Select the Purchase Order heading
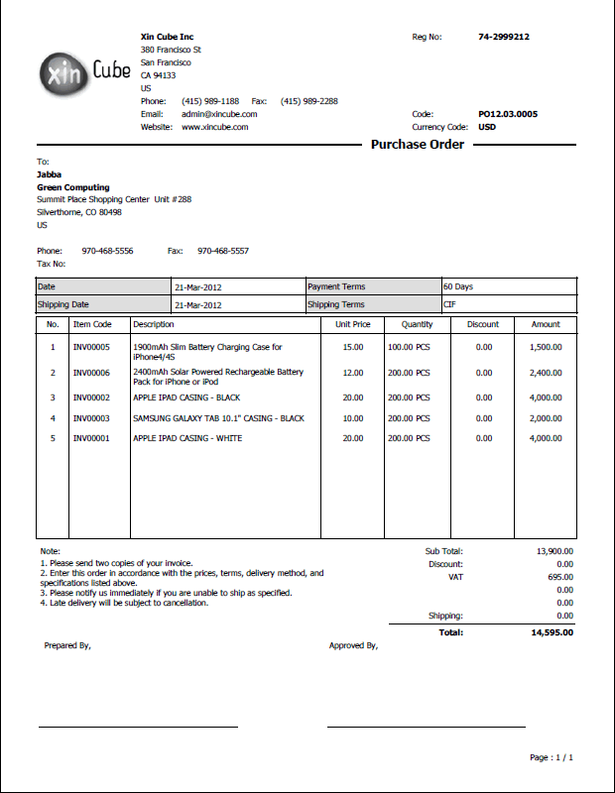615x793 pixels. [x=417, y=145]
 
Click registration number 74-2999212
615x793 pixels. [x=503, y=37]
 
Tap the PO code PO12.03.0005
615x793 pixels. [x=507, y=114]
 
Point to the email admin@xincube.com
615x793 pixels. [x=219, y=114]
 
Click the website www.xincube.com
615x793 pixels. [x=214, y=127]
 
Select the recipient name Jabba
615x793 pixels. [x=49, y=174]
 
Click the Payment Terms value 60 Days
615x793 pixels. [x=457, y=286]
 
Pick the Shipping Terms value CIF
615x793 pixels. [x=449, y=304]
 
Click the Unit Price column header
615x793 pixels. [x=352, y=324]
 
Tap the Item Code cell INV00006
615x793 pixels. [x=91, y=372]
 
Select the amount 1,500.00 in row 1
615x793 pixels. [x=545, y=347]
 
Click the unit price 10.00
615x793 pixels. [x=352, y=418]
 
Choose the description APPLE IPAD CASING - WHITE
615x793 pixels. [x=187, y=438]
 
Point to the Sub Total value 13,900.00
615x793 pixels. [x=553, y=551]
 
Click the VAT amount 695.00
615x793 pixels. [x=559, y=577]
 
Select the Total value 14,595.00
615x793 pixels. [x=552, y=631]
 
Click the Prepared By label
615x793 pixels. [x=67, y=645]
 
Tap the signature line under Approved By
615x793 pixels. [x=426, y=727]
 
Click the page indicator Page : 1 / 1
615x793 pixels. [x=552, y=757]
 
